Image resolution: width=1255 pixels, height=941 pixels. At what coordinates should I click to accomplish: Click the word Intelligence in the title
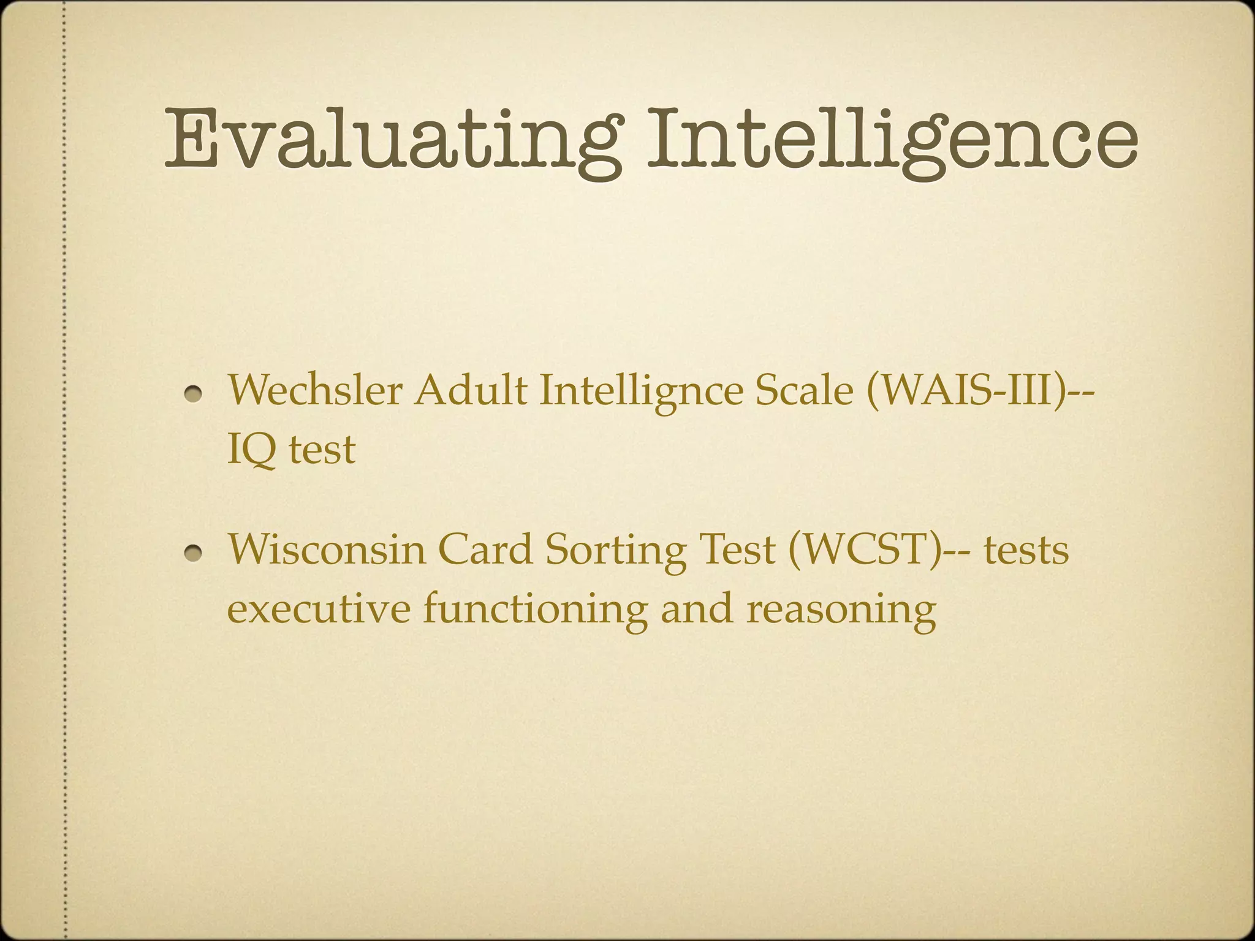(892, 140)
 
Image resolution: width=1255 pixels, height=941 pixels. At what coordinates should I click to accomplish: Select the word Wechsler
(316, 390)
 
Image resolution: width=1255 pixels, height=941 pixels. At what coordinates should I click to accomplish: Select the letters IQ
(251, 450)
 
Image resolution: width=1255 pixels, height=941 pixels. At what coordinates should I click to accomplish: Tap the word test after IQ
(322, 450)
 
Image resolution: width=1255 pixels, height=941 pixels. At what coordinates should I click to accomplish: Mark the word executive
(319, 608)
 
